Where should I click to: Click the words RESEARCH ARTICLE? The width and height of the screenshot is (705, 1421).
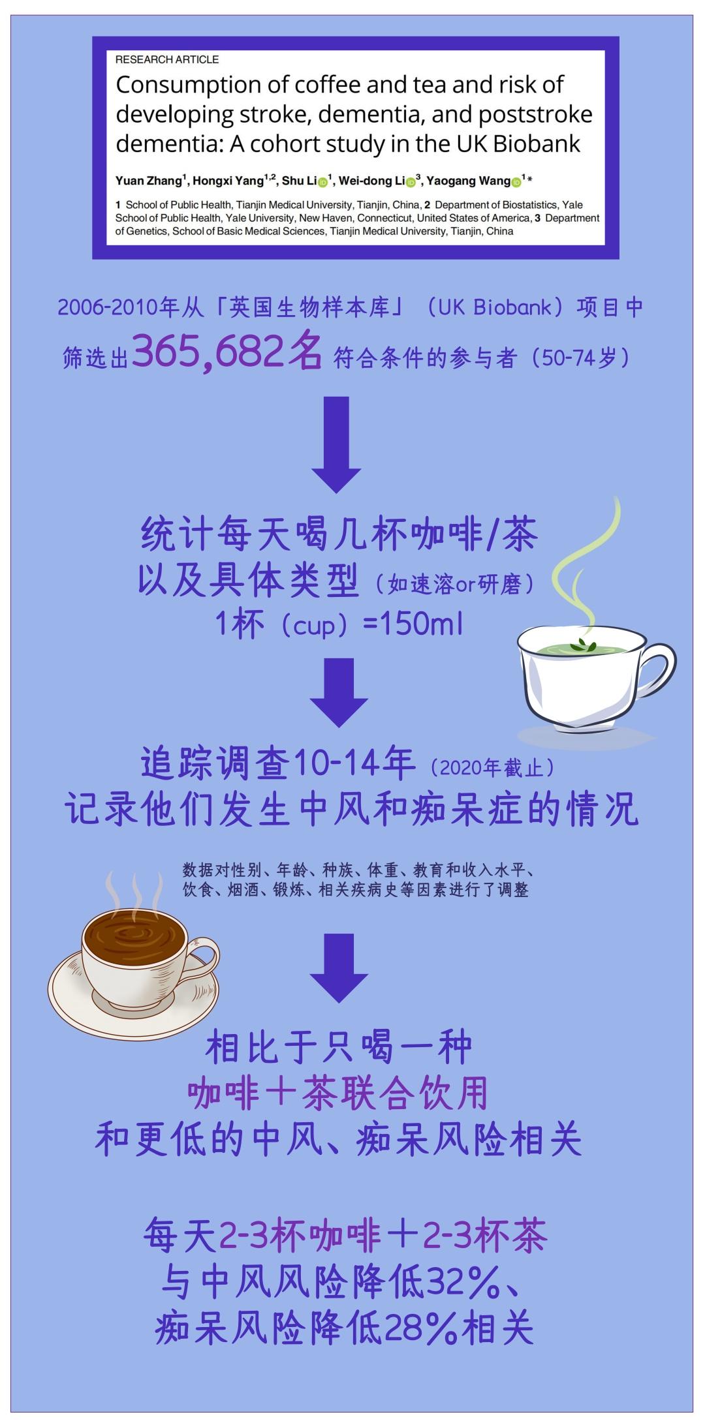[x=167, y=59]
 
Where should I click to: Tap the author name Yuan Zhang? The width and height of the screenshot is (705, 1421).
[x=149, y=181]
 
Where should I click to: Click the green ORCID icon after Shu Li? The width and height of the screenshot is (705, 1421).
[x=322, y=182]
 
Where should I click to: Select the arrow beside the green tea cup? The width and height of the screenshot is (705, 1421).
[x=339, y=692]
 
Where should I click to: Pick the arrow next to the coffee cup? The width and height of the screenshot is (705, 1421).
[x=339, y=968]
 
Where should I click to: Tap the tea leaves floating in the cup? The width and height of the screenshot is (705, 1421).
[x=583, y=646]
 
